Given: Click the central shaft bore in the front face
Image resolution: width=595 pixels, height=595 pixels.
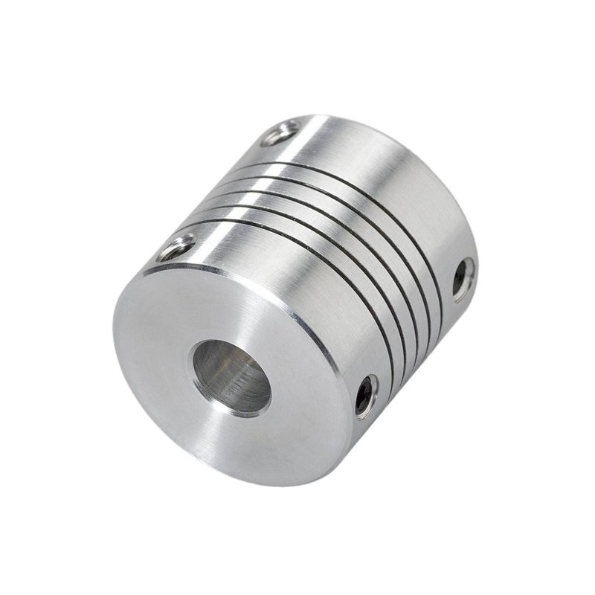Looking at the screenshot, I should (x=231, y=376).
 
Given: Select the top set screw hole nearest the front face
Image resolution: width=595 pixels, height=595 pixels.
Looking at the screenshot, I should (x=177, y=247).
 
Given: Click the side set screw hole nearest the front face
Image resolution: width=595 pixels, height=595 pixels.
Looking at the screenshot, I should (x=364, y=395).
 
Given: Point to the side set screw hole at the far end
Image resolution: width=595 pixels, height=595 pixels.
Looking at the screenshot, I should (x=462, y=277).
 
